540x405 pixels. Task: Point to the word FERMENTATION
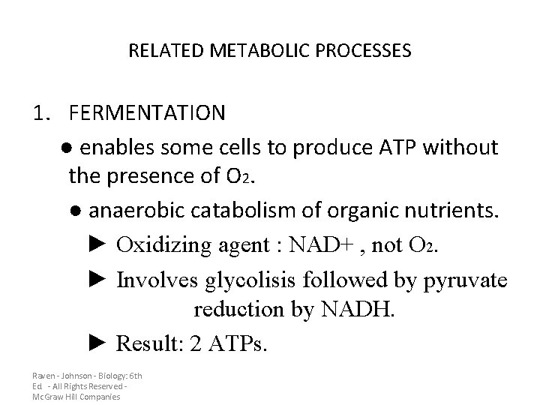click(x=146, y=112)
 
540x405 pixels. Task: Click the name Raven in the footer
click(x=43, y=375)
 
